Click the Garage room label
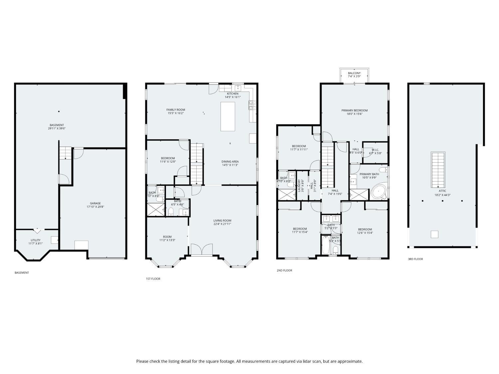click(95, 203)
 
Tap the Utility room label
click(36, 240)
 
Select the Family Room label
click(176, 110)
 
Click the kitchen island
click(228, 116)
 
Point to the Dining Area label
click(230, 162)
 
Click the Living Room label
click(222, 220)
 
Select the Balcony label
click(354, 73)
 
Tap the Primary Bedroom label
click(354, 110)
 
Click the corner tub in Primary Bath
click(379, 192)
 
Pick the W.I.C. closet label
click(375, 150)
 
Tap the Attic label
click(442, 191)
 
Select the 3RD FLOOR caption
click(416, 259)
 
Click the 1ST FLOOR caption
click(153, 279)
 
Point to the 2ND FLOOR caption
click(284, 270)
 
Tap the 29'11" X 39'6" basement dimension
click(57, 128)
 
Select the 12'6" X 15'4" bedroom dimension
click(365, 233)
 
